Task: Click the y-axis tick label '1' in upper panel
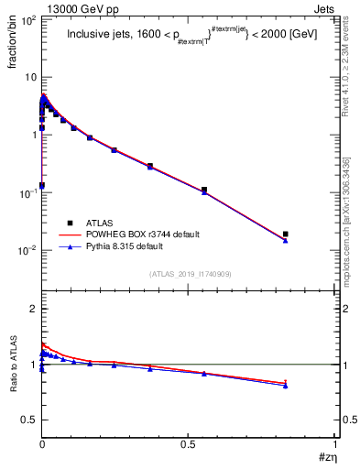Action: click(x=32, y=135)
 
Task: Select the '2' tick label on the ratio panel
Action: click(x=32, y=309)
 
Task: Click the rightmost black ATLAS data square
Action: click(x=286, y=234)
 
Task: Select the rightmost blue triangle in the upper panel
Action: click(x=286, y=241)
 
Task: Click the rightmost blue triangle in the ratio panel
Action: click(x=286, y=386)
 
